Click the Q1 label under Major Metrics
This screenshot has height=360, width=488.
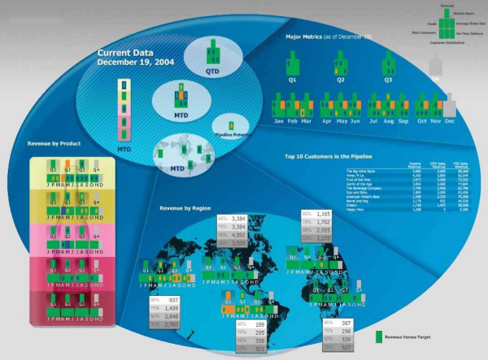293,80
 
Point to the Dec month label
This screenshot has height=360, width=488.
449,121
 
